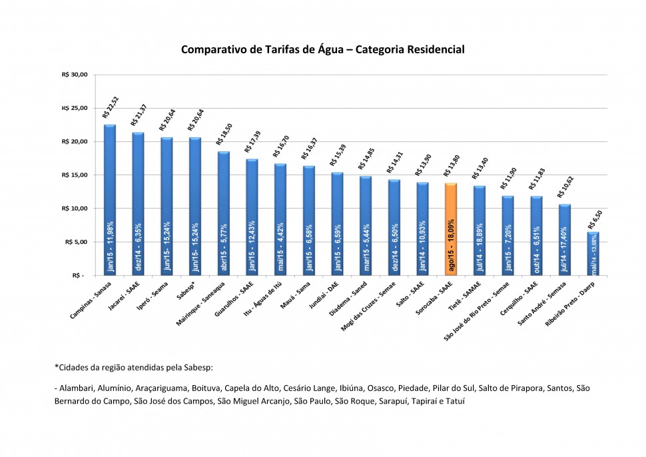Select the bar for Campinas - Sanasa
110,200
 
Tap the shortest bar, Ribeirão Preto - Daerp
593,253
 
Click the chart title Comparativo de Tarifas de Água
322,49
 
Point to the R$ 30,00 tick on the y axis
74,75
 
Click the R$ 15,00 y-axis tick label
74,175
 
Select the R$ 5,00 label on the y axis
75,242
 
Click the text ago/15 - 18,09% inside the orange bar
451,244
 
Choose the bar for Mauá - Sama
309,220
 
